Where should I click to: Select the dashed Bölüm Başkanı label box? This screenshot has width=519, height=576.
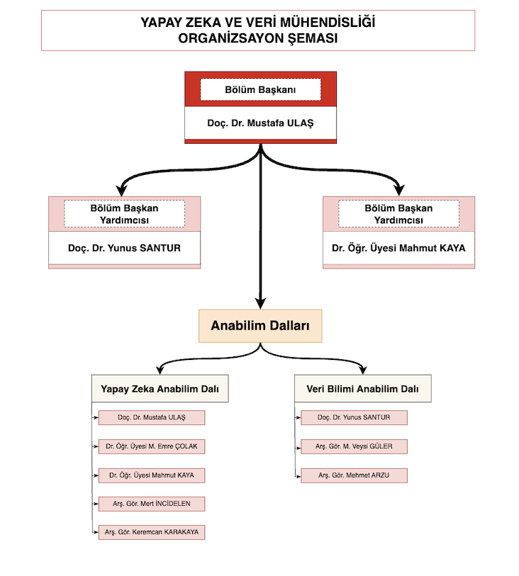pyautogui.click(x=260, y=89)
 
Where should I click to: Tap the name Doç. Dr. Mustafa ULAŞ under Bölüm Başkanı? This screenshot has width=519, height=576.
pyautogui.click(x=260, y=123)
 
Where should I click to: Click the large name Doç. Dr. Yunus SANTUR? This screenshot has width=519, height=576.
pyautogui.click(x=124, y=248)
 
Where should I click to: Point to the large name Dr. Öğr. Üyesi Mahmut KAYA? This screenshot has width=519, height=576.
pyautogui.click(x=398, y=248)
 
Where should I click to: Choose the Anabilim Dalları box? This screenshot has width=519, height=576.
pyautogui.click(x=260, y=326)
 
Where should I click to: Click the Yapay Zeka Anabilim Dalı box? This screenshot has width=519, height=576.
pyautogui.click(x=160, y=389)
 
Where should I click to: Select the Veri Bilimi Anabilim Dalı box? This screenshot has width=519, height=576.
pyautogui.click(x=363, y=389)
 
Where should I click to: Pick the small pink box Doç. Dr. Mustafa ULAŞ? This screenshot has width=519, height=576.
pyautogui.click(x=152, y=418)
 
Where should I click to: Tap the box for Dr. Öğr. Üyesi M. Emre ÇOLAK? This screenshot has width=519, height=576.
pyautogui.click(x=152, y=446)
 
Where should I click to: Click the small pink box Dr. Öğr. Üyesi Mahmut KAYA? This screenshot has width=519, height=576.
pyautogui.click(x=152, y=475)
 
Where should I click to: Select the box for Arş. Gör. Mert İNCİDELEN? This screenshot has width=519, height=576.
pyautogui.click(x=152, y=504)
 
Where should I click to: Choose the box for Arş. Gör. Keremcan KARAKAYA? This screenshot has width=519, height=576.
pyautogui.click(x=152, y=532)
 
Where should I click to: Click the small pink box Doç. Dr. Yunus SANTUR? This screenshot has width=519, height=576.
pyautogui.click(x=354, y=418)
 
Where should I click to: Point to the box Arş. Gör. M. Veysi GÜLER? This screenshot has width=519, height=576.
pyautogui.click(x=354, y=446)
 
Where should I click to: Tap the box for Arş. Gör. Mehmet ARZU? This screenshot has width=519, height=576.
pyautogui.click(x=354, y=475)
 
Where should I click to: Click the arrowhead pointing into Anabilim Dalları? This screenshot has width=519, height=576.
pyautogui.click(x=260, y=303)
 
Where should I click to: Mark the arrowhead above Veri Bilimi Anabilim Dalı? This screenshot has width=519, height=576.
pyautogui.click(x=363, y=370)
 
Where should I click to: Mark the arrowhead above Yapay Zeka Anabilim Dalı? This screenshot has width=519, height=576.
pyautogui.click(x=160, y=370)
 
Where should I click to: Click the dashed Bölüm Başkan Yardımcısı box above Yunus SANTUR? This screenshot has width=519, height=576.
pyautogui.click(x=124, y=214)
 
